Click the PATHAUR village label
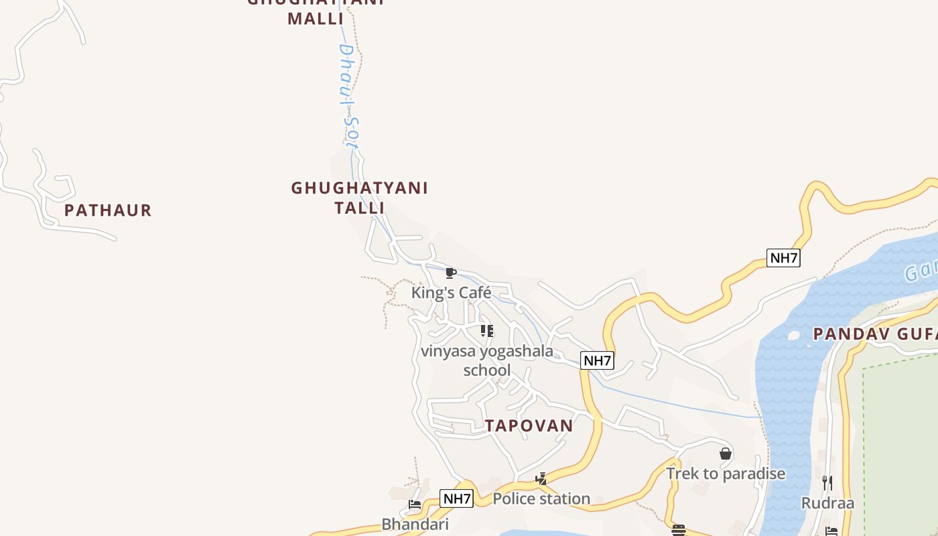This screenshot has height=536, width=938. (x=108, y=210)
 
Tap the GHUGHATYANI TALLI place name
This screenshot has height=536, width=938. (x=359, y=197)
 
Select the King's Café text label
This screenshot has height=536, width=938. (x=451, y=293)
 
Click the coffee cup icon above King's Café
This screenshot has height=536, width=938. (x=450, y=273)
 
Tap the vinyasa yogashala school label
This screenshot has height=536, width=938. (x=487, y=360)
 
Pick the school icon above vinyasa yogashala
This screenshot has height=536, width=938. (x=487, y=331)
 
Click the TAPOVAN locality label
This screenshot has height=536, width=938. (x=529, y=425)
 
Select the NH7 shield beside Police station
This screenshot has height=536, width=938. (x=457, y=498)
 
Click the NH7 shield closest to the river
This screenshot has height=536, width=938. (x=783, y=258)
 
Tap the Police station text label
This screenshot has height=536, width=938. (x=541, y=498)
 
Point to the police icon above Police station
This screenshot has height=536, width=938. (x=541, y=479)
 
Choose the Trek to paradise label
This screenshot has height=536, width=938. (x=726, y=474)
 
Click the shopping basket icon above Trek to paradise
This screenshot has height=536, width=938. (x=726, y=454)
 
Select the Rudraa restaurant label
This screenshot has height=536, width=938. (x=827, y=503)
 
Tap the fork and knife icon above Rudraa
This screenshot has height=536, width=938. (x=827, y=482)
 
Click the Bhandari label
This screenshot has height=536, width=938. (x=415, y=524)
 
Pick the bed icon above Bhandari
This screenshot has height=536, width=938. (x=415, y=505)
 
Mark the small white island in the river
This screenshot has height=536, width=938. (x=794, y=334)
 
